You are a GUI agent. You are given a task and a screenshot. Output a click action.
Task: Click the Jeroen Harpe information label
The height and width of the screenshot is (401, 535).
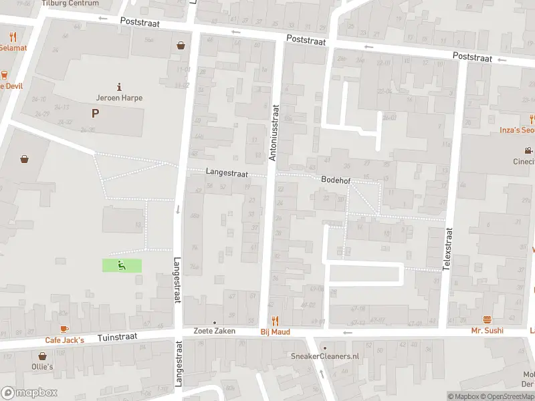click(119, 98)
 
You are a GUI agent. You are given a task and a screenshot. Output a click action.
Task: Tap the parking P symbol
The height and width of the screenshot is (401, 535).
click(95, 114)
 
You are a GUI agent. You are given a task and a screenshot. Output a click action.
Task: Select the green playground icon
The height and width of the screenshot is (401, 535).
click(122, 265)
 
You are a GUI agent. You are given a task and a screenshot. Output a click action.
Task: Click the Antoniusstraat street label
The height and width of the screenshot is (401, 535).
click(273, 132)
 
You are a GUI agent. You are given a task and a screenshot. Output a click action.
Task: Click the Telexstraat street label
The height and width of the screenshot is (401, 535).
click(448, 249)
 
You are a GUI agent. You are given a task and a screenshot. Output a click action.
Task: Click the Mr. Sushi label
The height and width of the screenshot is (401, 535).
click(487, 330)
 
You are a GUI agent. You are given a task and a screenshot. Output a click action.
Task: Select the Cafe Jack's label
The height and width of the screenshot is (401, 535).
click(64, 340)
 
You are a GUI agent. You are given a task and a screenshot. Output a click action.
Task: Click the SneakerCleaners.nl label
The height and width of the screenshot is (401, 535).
click(324, 356)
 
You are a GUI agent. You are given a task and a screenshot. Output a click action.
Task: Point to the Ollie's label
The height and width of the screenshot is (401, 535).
click(41, 367)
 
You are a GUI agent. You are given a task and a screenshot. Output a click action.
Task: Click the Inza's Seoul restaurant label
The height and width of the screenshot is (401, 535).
click(519, 130)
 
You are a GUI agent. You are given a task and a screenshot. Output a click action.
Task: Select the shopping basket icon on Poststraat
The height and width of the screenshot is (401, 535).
click(181, 45)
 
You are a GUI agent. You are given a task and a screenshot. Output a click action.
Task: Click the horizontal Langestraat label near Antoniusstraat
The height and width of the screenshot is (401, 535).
click(227, 172)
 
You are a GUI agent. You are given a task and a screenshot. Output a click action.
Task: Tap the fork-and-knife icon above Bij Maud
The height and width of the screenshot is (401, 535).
click(274, 320)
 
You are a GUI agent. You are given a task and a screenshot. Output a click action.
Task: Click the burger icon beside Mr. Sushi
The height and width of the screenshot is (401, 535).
click(487, 320)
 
